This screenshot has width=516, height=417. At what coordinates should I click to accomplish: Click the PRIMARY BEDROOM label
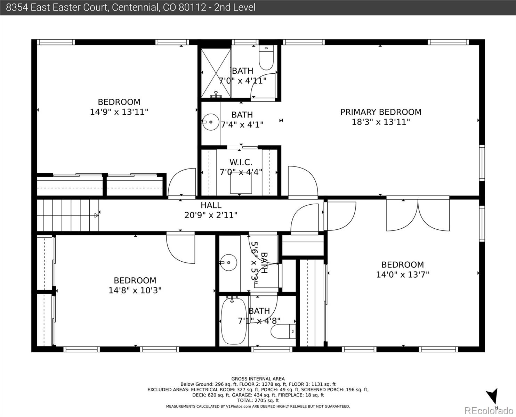pyautogui.click(x=381, y=112)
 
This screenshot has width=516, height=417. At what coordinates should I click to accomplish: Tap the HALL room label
pyautogui.click(x=211, y=205)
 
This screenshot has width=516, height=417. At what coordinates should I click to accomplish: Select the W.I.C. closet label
pyautogui.click(x=241, y=162)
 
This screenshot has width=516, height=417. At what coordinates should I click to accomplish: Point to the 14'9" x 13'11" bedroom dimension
pyautogui.click(x=119, y=112)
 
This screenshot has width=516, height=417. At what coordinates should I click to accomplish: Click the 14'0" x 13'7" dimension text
pyautogui.click(x=402, y=275)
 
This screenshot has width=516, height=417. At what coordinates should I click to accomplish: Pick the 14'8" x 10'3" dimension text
pyautogui.click(x=135, y=290)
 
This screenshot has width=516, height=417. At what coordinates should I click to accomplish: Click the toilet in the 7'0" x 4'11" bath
pyautogui.click(x=266, y=58)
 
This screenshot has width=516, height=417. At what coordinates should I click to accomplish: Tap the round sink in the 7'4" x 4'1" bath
pyautogui.click(x=210, y=122)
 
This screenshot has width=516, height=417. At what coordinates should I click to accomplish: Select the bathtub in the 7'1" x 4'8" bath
pyautogui.click(x=234, y=321)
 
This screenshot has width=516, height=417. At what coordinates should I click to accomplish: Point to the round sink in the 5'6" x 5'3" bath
pyautogui.click(x=228, y=262)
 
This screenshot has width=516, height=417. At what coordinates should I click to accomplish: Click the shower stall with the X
pyautogui.click(x=216, y=73)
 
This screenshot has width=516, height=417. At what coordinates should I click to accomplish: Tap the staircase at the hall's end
pyautogui.click(x=68, y=215)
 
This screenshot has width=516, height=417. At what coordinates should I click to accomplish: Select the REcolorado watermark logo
pyautogui.click(x=489, y=410)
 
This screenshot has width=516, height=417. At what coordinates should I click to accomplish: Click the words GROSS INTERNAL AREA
pyautogui.click(x=258, y=379)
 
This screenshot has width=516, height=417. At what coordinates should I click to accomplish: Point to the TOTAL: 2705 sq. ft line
pyautogui.click(x=258, y=400)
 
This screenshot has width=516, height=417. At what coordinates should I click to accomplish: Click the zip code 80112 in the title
pyautogui.click(x=192, y=8)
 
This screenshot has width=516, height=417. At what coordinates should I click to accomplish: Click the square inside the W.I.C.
pyautogui.click(x=241, y=183)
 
